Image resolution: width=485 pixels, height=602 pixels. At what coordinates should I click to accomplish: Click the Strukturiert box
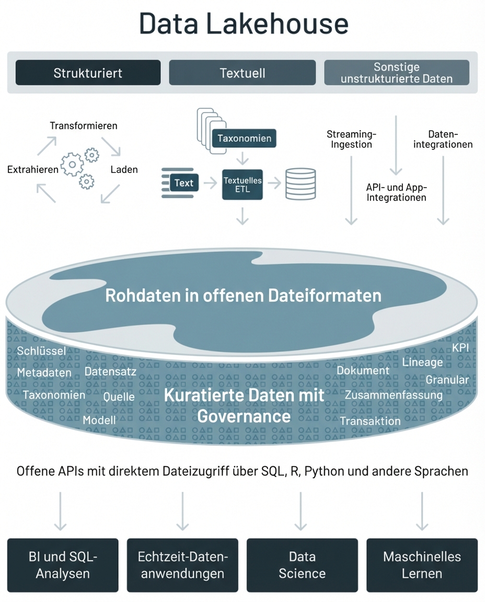point(88,73)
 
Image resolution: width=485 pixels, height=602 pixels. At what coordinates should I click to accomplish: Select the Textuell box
point(242,73)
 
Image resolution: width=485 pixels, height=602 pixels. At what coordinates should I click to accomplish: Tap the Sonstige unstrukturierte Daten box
point(397,73)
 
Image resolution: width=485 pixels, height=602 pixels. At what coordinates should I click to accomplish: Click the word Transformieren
point(84,126)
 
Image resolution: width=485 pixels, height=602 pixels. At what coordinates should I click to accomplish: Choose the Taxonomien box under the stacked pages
point(245,138)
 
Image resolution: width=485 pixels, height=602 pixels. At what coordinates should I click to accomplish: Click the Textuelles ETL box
point(243,184)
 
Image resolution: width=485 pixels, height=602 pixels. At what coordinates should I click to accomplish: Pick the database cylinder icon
point(301,183)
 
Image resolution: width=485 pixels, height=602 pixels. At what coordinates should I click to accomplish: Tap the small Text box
point(183,183)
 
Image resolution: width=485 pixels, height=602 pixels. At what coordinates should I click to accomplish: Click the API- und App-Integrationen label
point(397,192)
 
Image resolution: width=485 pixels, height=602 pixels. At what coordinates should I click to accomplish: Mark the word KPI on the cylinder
point(460,348)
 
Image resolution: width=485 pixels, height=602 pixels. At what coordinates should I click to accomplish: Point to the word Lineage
point(422,362)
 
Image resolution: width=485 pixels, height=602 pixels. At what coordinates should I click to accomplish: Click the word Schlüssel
point(41,351)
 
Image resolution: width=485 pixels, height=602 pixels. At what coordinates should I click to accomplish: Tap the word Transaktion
point(370,421)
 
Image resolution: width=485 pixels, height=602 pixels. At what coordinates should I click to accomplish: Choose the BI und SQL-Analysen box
point(63,565)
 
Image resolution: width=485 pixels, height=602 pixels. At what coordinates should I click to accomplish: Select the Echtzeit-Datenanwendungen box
point(182,565)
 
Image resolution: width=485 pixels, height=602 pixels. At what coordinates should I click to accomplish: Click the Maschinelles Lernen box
point(422,565)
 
